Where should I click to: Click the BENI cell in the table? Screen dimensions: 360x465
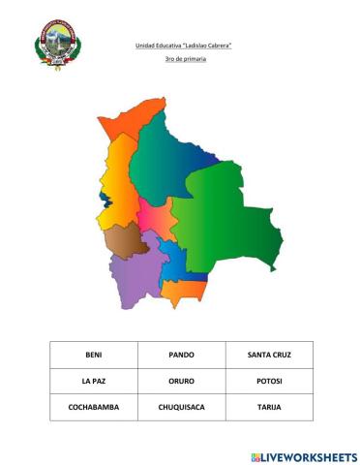pyautogui.click(x=93, y=355)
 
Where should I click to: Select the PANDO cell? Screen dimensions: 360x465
pyautogui.click(x=181, y=355)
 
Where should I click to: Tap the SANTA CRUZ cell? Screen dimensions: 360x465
pyautogui.click(x=269, y=355)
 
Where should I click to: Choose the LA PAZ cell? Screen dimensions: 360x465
pyautogui.click(x=93, y=381)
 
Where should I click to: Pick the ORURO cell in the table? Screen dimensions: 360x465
pyautogui.click(x=181, y=381)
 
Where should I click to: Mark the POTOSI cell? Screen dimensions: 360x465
pyautogui.click(x=269, y=381)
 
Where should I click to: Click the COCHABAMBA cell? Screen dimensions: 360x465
pyautogui.click(x=93, y=407)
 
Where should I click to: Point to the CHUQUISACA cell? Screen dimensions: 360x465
pyautogui.click(x=181, y=407)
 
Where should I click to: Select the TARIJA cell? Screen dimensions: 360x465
pyautogui.click(x=269, y=407)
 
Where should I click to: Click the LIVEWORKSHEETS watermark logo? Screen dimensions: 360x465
pyautogui.click(x=303, y=454)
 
